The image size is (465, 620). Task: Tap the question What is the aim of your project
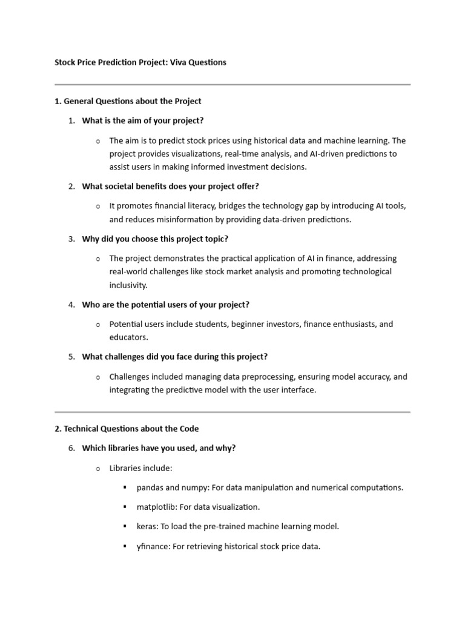coord(143,120)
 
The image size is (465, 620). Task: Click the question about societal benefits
coord(170,186)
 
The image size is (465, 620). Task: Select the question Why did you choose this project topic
coord(155,239)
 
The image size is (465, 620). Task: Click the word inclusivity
coord(128,285)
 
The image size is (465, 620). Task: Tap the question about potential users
coord(165,305)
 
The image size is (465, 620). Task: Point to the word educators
coord(128,337)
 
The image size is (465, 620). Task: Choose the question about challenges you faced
coord(174,357)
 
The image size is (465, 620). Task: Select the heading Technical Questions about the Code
coord(127,429)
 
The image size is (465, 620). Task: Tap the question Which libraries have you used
coord(159,448)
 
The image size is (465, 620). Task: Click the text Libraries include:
coord(140,468)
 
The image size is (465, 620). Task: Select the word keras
coord(147,527)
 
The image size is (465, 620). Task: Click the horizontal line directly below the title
coord(232,84)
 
